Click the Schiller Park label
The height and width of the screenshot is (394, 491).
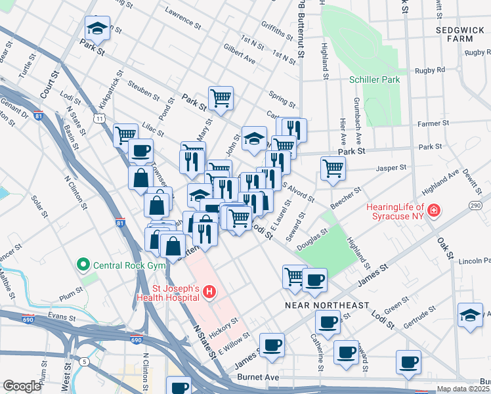tap(374, 79)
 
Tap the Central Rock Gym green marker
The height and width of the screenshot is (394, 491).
tap(83, 266)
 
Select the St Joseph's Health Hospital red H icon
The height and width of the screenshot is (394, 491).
tap(209, 292)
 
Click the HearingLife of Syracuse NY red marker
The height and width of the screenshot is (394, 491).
tap(434, 211)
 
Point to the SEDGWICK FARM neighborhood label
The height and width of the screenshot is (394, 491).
tap(463, 35)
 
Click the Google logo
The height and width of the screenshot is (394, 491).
tap(22, 386)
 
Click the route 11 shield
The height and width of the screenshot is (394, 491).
tap(99, 118)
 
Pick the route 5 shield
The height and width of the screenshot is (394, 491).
tap(84, 361)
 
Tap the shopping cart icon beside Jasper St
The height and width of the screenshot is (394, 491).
tap(333, 168)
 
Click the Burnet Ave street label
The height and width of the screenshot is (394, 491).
tap(263, 378)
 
